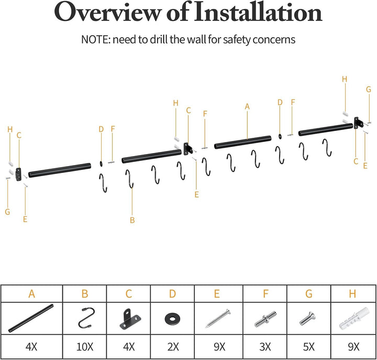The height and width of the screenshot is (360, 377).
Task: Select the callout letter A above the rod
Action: pos(247,106)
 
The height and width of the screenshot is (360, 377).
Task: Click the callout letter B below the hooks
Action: pos(132,220)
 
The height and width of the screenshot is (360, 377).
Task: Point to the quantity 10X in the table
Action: pos(85,347)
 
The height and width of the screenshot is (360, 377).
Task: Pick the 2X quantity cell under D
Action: pos(173,347)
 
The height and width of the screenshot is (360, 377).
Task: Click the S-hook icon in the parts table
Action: pos(85,318)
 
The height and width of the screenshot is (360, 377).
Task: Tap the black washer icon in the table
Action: pos(172,319)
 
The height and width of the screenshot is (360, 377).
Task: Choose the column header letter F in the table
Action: pos(265,293)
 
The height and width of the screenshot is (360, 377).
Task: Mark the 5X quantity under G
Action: pos(309,347)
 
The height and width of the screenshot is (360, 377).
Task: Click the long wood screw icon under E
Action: pos(218,318)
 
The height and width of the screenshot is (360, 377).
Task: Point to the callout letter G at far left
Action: pos(7,212)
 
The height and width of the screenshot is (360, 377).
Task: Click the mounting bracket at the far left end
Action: pos(18,174)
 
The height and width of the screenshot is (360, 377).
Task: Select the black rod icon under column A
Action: pos(31,319)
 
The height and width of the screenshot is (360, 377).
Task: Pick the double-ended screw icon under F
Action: pos(265,319)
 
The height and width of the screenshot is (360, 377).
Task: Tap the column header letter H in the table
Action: pos(352,293)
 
